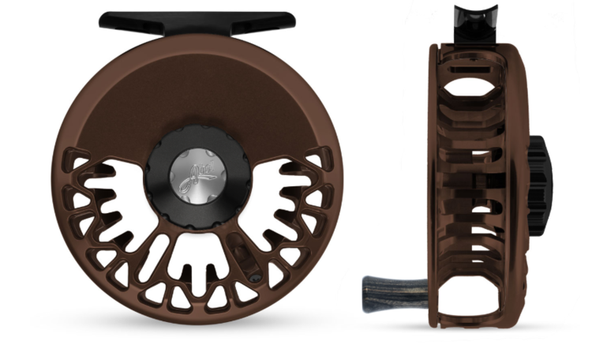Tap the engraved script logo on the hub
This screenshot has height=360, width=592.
point(197,171)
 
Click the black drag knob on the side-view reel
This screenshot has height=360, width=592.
point(541,178)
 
